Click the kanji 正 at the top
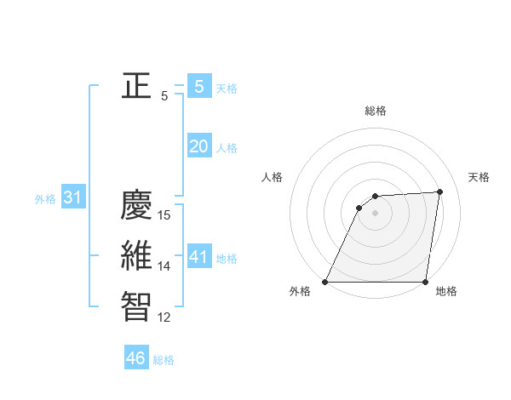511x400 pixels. [137, 85]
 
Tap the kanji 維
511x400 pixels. [137, 256]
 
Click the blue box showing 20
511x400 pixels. [199, 146]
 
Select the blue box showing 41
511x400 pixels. [199, 257]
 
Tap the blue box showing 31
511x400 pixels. [73, 198]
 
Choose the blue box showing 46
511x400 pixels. [136, 358]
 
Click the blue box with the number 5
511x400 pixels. [199, 86]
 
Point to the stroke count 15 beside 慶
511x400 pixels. [165, 215]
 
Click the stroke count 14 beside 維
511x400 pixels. [165, 266]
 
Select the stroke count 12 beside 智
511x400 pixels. [165, 317]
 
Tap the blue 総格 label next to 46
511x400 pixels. [164, 360]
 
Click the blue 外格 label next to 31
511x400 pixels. [45, 199]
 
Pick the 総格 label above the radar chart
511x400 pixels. [375, 111]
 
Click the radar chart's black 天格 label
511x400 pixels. [479, 177]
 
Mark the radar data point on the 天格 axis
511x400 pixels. [440, 191]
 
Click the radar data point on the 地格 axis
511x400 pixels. [425, 282]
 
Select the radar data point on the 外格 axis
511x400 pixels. [325, 282]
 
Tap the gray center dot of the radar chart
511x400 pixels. [375, 213]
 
